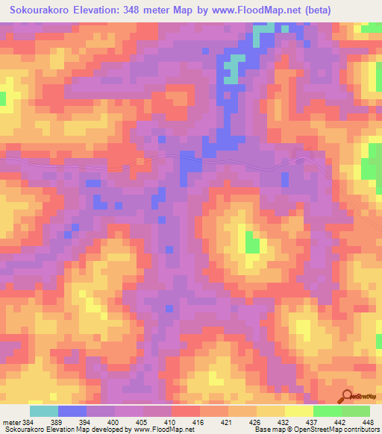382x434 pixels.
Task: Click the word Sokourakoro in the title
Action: [40, 10]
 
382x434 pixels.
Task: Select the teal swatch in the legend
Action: [44, 411]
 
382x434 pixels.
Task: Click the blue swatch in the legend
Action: [72, 411]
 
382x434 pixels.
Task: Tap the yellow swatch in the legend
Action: [299, 411]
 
